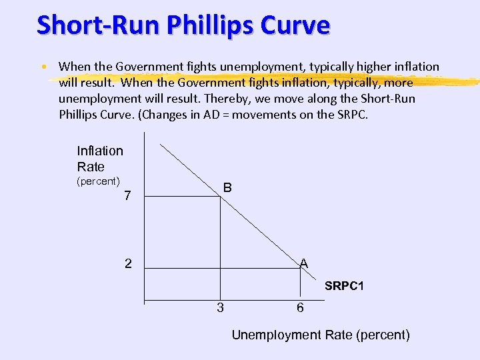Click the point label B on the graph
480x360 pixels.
(x=227, y=188)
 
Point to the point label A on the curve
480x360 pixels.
(x=304, y=263)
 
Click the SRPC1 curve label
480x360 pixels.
(x=344, y=287)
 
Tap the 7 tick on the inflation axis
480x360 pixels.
(x=128, y=196)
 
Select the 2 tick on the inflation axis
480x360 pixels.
(x=128, y=263)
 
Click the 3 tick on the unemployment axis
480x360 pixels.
(x=220, y=308)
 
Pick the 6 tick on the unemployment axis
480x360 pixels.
(x=301, y=308)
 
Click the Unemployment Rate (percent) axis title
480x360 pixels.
(x=321, y=335)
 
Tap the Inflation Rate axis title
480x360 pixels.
(x=100, y=159)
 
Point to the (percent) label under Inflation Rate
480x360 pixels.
(x=98, y=181)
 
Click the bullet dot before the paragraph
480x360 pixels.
(x=43, y=67)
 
